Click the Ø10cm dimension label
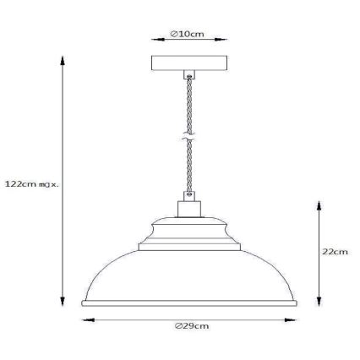pos(187,34)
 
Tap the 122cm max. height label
pos(31,183)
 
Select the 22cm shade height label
pos(335,252)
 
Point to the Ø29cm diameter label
pos(192,326)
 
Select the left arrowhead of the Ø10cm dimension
pos(153,40)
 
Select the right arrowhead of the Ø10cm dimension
pos(225,40)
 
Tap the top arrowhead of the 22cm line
pos(318,204)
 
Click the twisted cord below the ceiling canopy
pos(188,97)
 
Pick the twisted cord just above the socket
pos(189,177)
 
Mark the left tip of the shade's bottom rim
pos(82,303)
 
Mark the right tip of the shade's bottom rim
pos(300,303)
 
